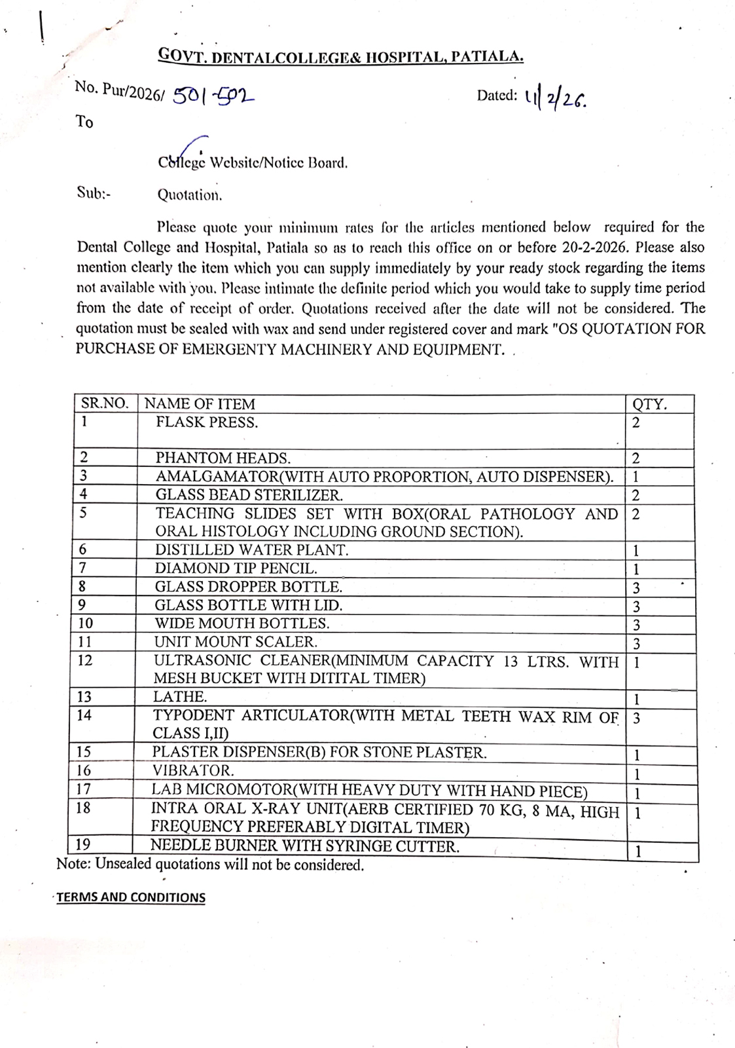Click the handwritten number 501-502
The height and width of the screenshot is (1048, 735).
tap(213, 96)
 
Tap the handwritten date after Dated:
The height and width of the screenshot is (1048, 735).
tap(555, 98)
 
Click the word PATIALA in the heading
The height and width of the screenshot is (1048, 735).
tap(487, 57)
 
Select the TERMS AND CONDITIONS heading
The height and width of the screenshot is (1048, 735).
tap(131, 897)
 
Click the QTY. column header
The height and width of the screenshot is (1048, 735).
tap(649, 404)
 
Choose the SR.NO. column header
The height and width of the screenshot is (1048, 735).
tap(105, 403)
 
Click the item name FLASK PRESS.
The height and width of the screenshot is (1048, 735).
tap(207, 422)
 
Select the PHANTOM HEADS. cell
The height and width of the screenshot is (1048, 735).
tap(223, 458)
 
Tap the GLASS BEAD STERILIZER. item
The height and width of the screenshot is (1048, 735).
tap(249, 495)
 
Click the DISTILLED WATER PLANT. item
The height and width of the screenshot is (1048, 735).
tap(251, 550)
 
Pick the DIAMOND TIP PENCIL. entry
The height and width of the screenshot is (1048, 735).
tap(236, 569)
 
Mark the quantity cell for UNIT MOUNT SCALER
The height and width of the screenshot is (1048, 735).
tap(636, 644)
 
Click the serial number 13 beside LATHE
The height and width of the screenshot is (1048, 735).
tap(85, 697)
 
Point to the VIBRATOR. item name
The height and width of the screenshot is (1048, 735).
tap(193, 771)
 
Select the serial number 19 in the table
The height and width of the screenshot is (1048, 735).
tap(83, 845)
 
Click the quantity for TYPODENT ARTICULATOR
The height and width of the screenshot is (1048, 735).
tap(636, 719)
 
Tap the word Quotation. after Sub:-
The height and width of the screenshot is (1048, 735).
tap(190, 195)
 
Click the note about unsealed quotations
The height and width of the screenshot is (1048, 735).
tap(210, 865)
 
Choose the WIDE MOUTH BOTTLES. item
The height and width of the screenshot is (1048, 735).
tap(242, 624)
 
